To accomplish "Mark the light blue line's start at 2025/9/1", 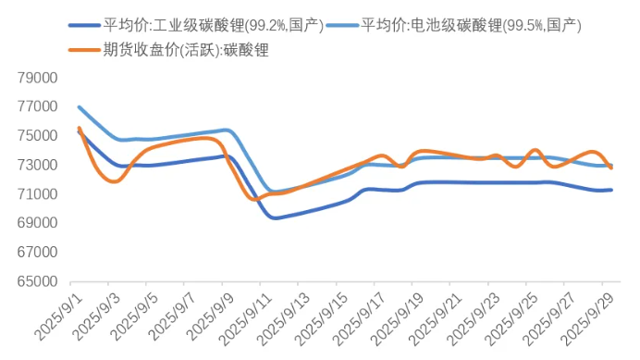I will coord(79,107).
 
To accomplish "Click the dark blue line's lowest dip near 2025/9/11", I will coord(275,217).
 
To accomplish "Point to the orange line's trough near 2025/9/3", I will coord(113,180).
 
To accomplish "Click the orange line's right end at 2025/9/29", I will coord(611,168).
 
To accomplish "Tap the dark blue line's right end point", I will coord(611,190).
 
